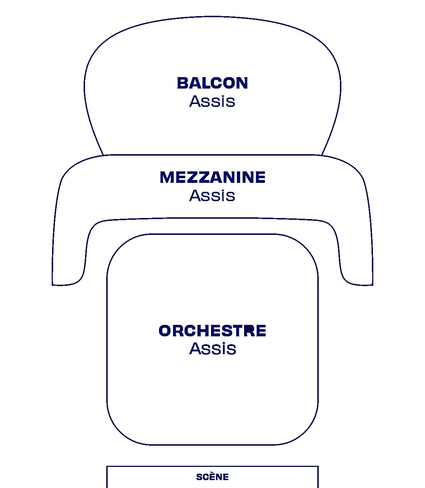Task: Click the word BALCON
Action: [x=212, y=83]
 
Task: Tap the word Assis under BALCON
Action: [x=212, y=101]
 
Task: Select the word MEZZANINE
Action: [x=212, y=177]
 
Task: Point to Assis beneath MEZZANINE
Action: [x=212, y=195]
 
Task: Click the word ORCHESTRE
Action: [x=212, y=331]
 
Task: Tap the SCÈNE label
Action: [x=212, y=477]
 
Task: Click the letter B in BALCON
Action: [x=183, y=83]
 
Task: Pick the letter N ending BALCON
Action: [x=242, y=83]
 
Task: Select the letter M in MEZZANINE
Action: [x=167, y=177]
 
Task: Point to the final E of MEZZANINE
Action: [x=260, y=177]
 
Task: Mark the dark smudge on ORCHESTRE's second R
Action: [x=249, y=329]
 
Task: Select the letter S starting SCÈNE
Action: [x=199, y=477]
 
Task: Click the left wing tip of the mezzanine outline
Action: [x=52, y=285]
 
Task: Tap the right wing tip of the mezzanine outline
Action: [x=373, y=285]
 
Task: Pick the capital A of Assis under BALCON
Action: [x=195, y=101]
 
